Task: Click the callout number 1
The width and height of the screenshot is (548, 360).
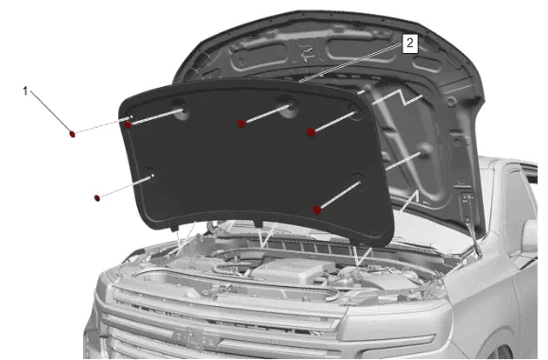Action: [26, 92]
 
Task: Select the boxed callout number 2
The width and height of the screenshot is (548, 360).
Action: [410, 43]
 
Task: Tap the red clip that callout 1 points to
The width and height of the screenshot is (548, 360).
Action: [73, 133]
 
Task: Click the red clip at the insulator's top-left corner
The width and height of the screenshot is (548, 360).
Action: [128, 125]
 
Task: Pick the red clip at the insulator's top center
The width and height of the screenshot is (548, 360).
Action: [241, 123]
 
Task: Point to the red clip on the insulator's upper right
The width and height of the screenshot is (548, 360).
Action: [311, 132]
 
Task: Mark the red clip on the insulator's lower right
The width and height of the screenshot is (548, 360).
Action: [317, 210]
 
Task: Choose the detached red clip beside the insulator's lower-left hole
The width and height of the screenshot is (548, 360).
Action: [97, 198]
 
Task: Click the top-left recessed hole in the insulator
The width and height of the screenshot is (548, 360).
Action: [180, 109]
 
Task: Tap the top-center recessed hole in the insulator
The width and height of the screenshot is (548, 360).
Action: [287, 106]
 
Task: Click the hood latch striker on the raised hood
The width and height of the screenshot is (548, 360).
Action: [306, 52]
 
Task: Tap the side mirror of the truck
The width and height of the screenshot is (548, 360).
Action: [529, 238]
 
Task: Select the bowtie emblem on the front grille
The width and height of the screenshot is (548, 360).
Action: [194, 338]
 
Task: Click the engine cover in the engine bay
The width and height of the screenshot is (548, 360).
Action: [291, 270]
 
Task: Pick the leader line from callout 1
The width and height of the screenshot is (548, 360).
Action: [51, 111]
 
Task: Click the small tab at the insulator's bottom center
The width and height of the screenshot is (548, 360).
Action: [258, 223]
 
